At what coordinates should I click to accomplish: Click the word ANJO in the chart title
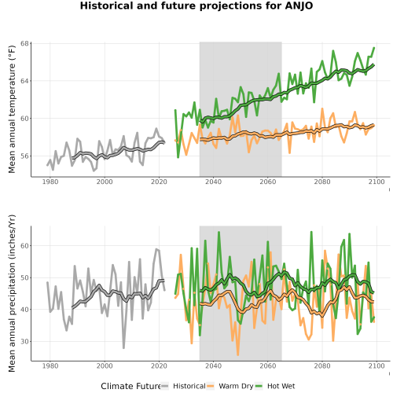[299, 6]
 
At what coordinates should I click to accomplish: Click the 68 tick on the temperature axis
[24, 43]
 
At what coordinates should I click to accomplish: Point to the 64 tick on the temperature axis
[24, 81]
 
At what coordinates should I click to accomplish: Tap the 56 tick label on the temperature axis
[24, 156]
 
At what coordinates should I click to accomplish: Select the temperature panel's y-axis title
[12, 109]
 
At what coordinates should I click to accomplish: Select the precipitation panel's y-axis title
[12, 293]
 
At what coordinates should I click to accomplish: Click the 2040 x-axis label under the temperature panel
[213, 182]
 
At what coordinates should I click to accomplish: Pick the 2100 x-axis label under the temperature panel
[376, 182]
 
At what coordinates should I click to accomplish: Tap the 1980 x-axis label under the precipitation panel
[50, 365]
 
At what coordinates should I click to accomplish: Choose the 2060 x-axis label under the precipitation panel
[268, 365]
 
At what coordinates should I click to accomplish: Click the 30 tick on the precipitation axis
[24, 342]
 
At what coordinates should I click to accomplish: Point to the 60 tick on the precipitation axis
[24, 246]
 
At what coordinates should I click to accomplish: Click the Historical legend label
[189, 386]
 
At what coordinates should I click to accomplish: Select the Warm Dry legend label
[236, 387]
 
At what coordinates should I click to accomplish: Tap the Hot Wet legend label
[281, 386]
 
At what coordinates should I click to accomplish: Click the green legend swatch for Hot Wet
[259, 386]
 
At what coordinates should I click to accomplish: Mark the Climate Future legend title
[130, 386]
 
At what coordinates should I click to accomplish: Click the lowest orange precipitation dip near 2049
[238, 354]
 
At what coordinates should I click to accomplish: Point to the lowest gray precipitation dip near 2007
[123, 347]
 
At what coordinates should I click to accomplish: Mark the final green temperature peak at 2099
[374, 48]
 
